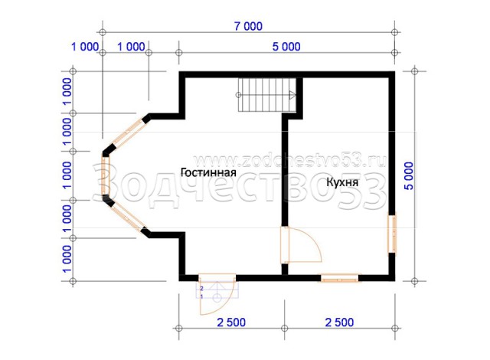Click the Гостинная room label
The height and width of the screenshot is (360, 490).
208,172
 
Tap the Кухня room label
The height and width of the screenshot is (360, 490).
342,182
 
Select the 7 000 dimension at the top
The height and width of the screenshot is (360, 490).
248,26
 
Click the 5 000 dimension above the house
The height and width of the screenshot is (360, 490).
286,47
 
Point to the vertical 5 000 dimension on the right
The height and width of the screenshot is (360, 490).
409,176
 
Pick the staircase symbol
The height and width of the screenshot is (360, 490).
267,95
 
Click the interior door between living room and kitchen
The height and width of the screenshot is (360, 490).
301,244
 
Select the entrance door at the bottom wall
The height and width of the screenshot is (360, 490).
217,294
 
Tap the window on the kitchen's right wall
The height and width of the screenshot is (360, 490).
392,233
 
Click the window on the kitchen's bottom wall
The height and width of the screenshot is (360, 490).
339,278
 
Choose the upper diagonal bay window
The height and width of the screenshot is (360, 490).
128,133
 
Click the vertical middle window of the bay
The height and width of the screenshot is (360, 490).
106,175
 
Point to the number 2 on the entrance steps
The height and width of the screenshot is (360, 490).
202,289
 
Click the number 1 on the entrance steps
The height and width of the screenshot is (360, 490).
201,296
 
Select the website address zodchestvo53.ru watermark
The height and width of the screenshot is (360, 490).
290,161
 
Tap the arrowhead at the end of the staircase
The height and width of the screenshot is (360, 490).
292,95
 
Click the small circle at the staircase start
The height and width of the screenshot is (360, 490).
238,95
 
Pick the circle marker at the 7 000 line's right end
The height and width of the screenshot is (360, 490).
394,32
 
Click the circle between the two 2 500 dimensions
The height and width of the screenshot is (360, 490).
284,328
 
